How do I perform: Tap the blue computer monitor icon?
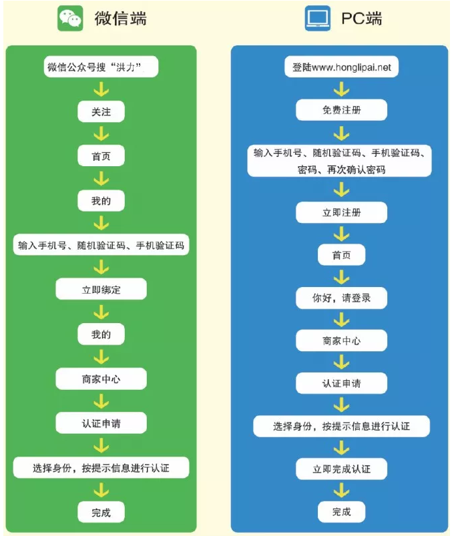click(x=318, y=19)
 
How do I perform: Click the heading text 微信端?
click(x=120, y=19)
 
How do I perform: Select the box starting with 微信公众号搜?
click(x=101, y=67)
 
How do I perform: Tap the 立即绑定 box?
click(x=101, y=290)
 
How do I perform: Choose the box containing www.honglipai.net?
click(x=341, y=67)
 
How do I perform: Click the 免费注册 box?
click(x=341, y=110)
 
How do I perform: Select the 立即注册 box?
click(x=341, y=213)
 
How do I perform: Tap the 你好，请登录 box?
click(x=341, y=298)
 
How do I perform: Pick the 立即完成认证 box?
click(x=341, y=469)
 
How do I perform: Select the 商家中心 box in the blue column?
click(x=341, y=340)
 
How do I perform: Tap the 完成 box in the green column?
click(x=101, y=513)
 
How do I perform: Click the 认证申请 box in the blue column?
click(x=341, y=383)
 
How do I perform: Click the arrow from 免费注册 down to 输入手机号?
click(x=341, y=131)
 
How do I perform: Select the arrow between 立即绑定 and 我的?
click(x=101, y=312)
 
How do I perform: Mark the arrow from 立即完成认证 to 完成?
click(x=341, y=491)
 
